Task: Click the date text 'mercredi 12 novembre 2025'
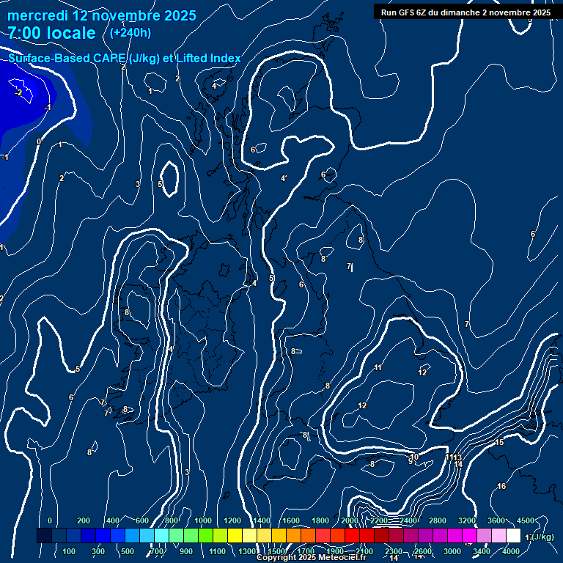[x=102, y=15]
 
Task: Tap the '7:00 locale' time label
[x=52, y=33]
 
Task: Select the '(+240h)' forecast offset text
[x=130, y=32]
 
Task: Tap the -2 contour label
[x=18, y=92]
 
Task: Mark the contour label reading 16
[x=501, y=486]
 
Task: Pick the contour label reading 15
[x=499, y=442]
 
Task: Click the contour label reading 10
[x=414, y=457]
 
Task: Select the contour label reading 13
[x=457, y=457]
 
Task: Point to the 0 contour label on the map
[x=39, y=141]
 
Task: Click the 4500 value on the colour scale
[x=526, y=520]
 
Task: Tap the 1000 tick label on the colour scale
[x=203, y=520]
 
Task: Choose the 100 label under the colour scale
[x=69, y=551]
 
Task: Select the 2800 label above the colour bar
[x=438, y=520]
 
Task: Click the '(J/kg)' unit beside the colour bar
[x=543, y=537]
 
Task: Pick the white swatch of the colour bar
[x=513, y=536]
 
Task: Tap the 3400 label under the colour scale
[x=482, y=551]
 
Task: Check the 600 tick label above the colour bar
[x=142, y=520]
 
